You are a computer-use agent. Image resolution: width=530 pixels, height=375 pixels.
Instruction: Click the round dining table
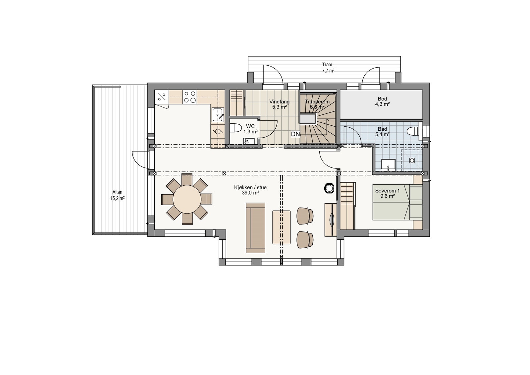(187, 199)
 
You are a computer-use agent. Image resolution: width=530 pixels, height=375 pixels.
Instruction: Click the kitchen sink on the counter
(218, 115)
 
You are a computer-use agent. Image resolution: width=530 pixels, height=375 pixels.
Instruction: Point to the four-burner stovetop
(190, 97)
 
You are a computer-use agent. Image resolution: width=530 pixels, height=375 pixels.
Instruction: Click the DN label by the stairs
(295, 134)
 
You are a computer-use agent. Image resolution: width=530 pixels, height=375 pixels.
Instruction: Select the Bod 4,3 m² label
(382, 101)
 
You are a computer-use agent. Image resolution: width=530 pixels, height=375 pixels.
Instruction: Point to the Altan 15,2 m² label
(117, 195)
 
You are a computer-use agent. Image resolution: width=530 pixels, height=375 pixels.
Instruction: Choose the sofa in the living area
(255, 227)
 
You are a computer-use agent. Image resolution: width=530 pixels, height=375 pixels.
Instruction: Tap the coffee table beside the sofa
(282, 227)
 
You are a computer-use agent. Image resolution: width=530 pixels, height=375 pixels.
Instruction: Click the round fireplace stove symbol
(329, 188)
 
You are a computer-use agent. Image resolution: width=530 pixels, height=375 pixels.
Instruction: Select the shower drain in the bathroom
(412, 160)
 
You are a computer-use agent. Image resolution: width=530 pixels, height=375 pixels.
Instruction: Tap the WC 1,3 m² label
(250, 129)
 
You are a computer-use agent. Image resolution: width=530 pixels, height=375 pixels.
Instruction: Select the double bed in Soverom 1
(397, 202)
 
